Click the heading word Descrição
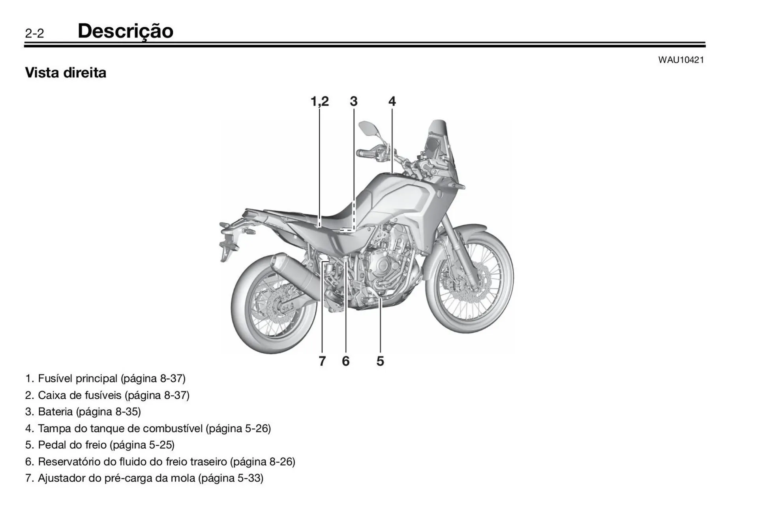point(125,31)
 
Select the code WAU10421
point(681,60)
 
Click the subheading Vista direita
point(66,73)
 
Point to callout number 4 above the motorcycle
point(392,102)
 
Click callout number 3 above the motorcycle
point(353,102)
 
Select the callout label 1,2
point(319,102)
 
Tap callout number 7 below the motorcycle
point(322,361)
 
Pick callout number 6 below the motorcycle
point(345,361)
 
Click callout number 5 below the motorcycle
point(380,361)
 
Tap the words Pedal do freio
point(72,445)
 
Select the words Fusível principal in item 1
point(77,379)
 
